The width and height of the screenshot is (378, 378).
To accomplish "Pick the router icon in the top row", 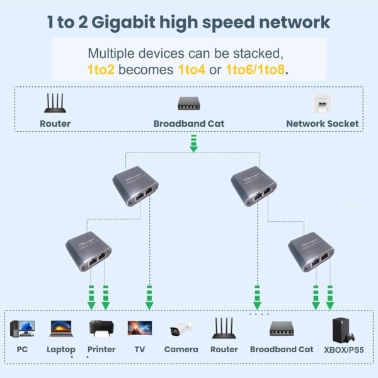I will click(55, 103).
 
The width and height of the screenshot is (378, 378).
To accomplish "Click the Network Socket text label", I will click(322, 123).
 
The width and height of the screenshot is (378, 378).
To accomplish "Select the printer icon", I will click(101, 328).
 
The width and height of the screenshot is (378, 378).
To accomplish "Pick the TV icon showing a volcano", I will click(139, 328).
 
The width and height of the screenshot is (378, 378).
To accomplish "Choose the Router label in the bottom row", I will click(224, 349).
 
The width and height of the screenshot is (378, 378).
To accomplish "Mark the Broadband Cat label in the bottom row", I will click(282, 349).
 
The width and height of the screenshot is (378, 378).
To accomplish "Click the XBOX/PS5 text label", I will click(343, 349).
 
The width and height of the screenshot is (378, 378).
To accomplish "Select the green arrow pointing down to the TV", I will click(149, 297).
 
